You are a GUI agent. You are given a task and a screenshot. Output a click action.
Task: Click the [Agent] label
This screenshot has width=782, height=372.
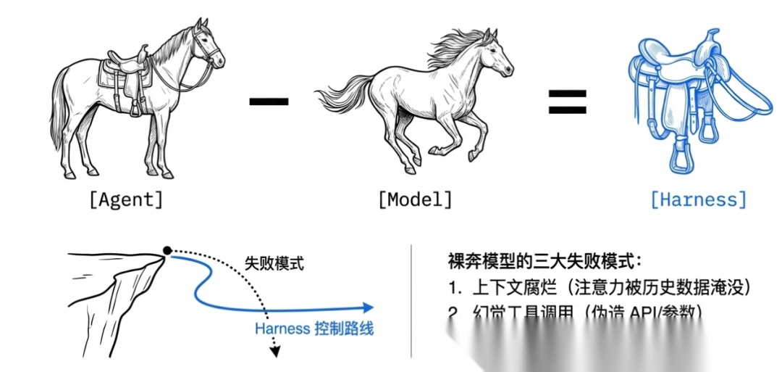coord(125,199)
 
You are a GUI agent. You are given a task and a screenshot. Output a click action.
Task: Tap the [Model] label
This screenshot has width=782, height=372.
coord(414,199)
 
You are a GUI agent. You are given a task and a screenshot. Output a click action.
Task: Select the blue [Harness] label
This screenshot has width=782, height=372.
coord(697,199)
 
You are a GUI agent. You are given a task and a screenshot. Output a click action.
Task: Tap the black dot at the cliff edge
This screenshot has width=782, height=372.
coord(167,251)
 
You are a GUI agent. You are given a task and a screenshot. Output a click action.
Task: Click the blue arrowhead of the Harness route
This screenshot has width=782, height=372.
coord(369,307)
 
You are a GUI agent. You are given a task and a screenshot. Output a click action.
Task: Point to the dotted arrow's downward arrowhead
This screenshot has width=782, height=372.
coord(274,352)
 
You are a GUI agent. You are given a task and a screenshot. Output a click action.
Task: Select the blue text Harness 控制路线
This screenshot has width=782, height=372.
coord(314,328)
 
